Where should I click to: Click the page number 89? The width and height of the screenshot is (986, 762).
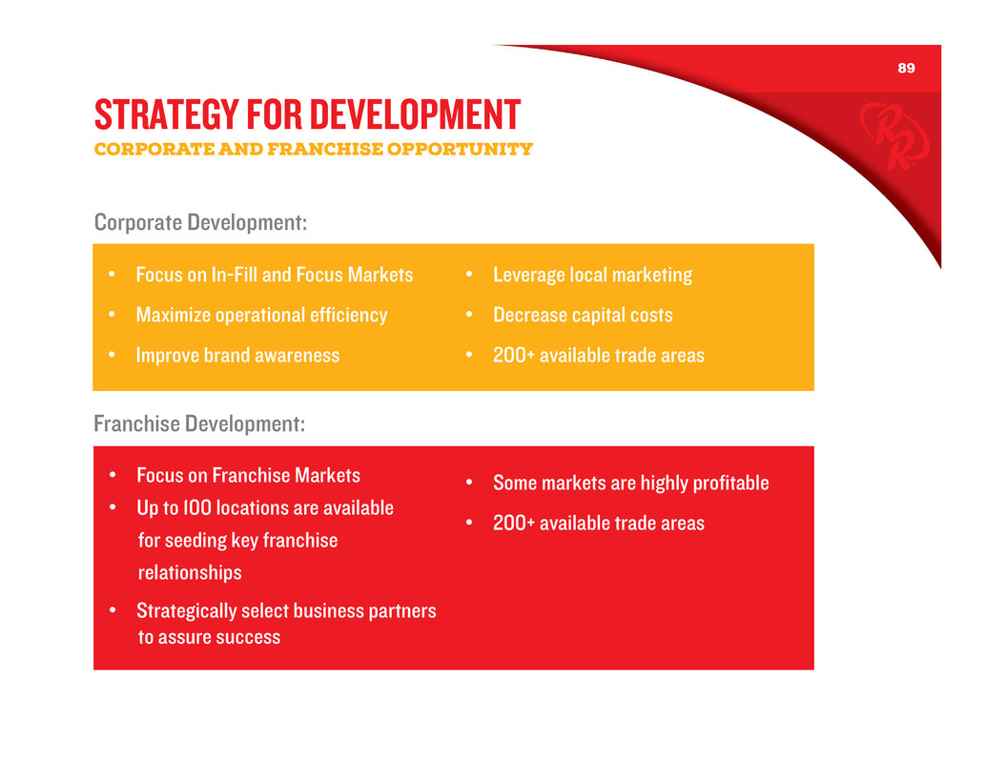[906, 68]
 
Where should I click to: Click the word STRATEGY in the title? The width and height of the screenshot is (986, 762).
[167, 114]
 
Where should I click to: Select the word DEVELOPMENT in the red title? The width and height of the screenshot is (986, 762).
[415, 114]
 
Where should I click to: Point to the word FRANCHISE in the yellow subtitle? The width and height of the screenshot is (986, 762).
[325, 149]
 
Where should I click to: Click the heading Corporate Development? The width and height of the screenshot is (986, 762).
[200, 222]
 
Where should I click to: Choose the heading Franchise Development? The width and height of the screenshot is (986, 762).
[199, 423]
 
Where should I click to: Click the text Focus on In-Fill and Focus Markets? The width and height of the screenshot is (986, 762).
[275, 275]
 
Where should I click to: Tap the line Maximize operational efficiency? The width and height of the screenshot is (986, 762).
[261, 315]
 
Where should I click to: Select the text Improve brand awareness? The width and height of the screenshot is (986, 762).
[237, 355]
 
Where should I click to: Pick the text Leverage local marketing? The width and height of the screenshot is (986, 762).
[592, 275]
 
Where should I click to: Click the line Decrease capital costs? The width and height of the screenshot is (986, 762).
[583, 315]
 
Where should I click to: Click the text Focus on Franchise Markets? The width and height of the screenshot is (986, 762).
[248, 475]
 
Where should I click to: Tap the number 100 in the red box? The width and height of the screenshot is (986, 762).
[196, 508]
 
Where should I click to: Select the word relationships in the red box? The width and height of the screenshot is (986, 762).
[190, 573]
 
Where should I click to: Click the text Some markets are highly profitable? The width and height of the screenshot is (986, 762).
[630, 483]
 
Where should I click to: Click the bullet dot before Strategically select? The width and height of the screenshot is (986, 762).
[113, 609]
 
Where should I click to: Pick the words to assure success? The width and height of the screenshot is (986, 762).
[210, 637]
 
